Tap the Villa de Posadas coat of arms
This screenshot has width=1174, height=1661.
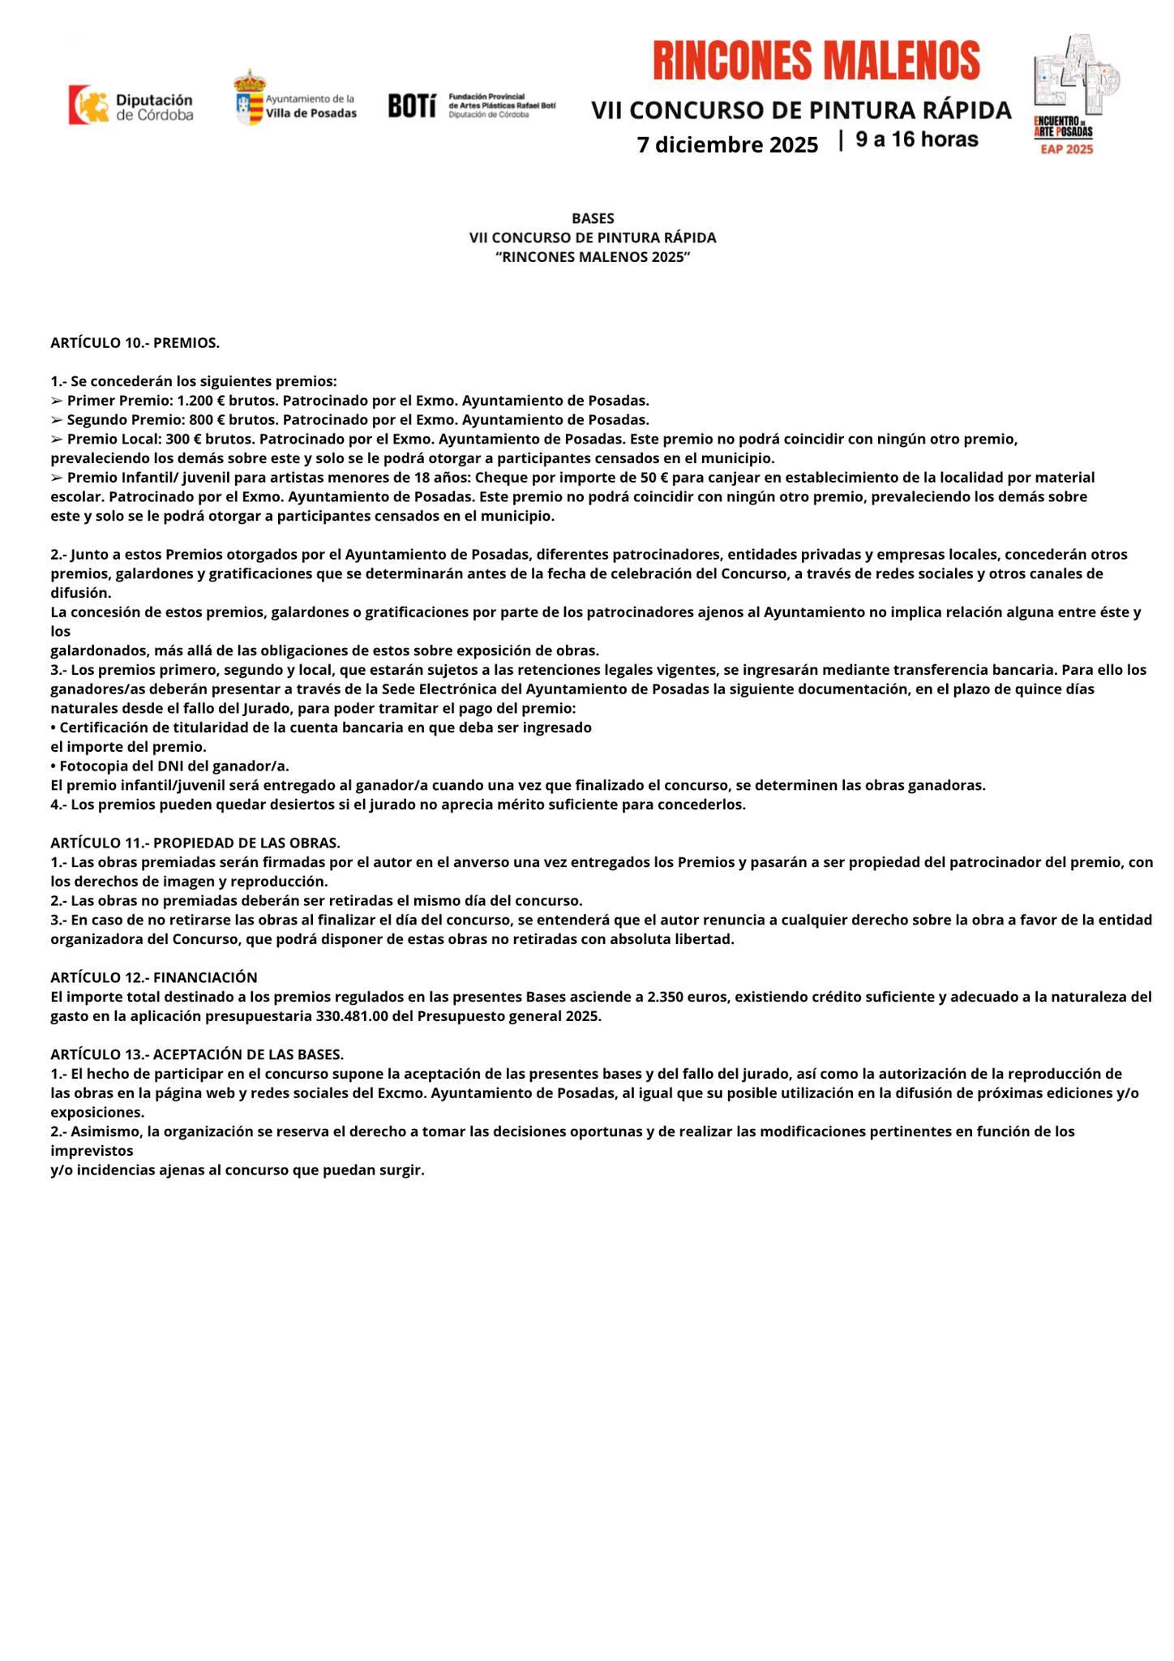pyautogui.click(x=250, y=97)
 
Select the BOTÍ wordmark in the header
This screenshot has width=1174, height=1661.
pyautogui.click(x=412, y=105)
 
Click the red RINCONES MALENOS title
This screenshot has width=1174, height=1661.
pyautogui.click(x=816, y=62)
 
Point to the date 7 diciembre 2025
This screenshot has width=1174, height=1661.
pyautogui.click(x=727, y=145)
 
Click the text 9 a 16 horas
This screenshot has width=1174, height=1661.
pyautogui.click(x=917, y=139)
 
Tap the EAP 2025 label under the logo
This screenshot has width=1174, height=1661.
pyautogui.click(x=1067, y=149)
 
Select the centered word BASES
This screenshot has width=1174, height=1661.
pyautogui.click(x=593, y=219)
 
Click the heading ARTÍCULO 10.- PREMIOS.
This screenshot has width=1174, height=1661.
pyautogui.click(x=135, y=343)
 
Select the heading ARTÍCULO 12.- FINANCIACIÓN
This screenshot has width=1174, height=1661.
pyautogui.click(x=153, y=977)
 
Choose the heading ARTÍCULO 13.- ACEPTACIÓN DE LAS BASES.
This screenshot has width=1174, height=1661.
pyautogui.click(x=197, y=1054)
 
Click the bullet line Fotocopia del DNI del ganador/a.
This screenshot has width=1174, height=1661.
pyautogui.click(x=169, y=766)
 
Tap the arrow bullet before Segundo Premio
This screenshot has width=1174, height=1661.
pyautogui.click(x=56, y=420)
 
